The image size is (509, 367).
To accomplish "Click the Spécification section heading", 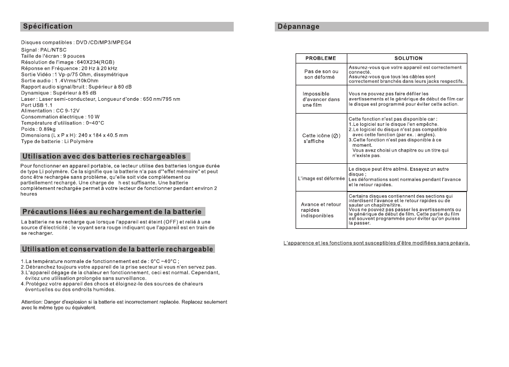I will (x=47, y=26).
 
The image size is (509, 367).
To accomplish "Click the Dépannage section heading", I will (x=298, y=26).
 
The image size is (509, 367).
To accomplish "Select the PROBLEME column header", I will (x=320, y=58).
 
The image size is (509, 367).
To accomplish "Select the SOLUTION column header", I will (x=408, y=58).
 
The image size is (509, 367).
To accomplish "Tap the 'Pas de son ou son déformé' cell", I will (x=321, y=74).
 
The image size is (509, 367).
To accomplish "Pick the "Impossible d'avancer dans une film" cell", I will (x=321, y=99).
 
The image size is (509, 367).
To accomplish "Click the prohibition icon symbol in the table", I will (x=336, y=135).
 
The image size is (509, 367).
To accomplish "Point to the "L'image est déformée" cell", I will (x=321, y=178).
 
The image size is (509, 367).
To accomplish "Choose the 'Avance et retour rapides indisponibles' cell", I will (x=321, y=210).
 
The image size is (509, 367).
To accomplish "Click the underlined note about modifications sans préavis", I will (x=376, y=243).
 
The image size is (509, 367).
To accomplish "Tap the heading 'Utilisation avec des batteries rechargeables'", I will (x=104, y=156).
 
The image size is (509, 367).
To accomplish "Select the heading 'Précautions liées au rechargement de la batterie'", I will (x=113, y=212).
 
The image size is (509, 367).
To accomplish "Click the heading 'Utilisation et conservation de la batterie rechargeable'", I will (x=117, y=249).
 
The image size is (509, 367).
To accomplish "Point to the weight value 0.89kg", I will (x=49, y=129).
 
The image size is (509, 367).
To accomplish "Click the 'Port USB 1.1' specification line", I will (x=37, y=105).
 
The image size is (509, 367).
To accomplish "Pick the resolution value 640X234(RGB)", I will (x=97, y=62).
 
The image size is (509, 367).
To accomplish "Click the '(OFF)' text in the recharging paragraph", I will (x=171, y=222).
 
